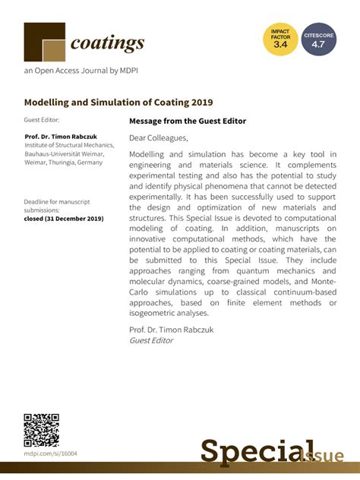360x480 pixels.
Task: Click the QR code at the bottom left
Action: click(41, 430)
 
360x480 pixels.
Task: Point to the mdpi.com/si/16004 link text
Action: click(50, 453)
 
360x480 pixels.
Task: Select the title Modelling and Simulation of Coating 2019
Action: click(118, 102)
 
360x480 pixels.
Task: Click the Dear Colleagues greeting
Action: click(158, 137)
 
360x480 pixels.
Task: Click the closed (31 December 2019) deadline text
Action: click(64, 219)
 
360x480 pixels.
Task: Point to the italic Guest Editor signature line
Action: click(151, 340)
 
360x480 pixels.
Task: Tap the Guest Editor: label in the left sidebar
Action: click(43, 120)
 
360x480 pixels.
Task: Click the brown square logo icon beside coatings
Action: click(44, 43)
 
